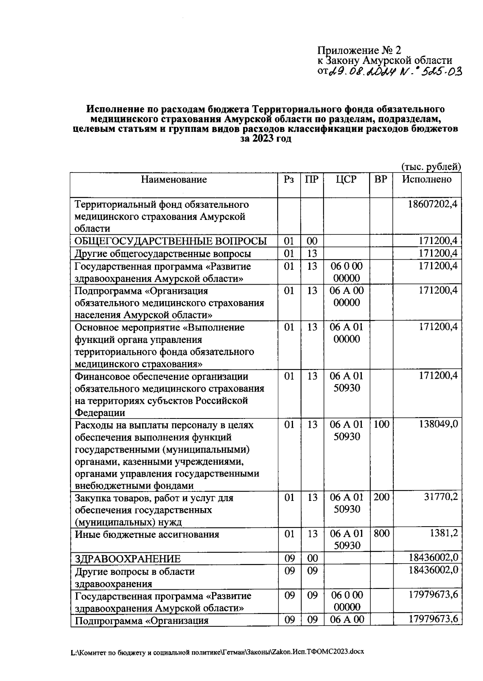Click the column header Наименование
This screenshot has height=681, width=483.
[x=173, y=180]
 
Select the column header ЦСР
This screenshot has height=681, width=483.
[x=346, y=180]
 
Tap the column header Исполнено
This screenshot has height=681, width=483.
[x=427, y=179]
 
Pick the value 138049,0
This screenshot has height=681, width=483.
[x=438, y=425]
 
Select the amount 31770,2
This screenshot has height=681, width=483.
[x=441, y=498]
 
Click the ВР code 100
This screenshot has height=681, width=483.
[x=381, y=425]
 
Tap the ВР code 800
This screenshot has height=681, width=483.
[x=381, y=534]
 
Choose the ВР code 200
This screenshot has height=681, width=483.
[x=381, y=498]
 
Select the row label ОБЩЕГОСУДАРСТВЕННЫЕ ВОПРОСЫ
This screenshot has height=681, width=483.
[x=171, y=241]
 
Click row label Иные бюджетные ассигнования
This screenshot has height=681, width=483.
[x=147, y=535]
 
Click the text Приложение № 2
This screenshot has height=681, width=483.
[x=359, y=51]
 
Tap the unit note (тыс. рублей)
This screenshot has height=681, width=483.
[x=430, y=166]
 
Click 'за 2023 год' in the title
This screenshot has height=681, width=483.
[x=265, y=139]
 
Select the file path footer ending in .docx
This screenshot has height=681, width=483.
[x=217, y=652]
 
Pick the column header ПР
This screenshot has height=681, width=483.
[x=312, y=180]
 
